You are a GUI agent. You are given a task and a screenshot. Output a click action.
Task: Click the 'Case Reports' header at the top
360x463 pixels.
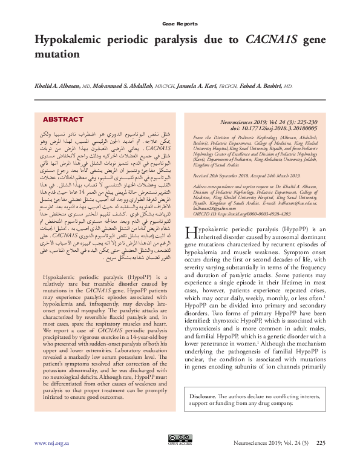click(180, 24)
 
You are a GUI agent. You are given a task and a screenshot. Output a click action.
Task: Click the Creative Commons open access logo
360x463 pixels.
click(180, 439)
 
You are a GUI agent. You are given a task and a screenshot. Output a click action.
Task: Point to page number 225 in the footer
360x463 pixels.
click(321, 443)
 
